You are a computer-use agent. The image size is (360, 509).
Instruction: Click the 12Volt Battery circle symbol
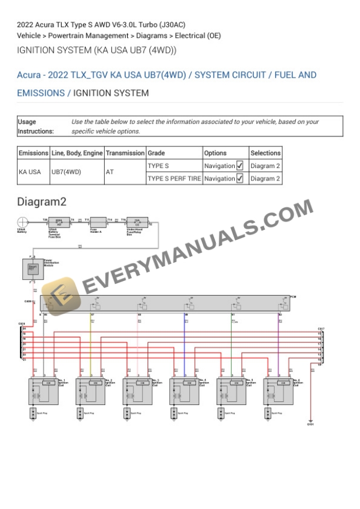tap(22, 222)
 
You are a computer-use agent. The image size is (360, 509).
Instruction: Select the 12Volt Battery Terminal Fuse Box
tap(58, 222)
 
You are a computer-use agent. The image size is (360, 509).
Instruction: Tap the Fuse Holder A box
tap(95, 222)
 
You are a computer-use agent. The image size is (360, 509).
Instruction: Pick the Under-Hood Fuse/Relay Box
tap(136, 222)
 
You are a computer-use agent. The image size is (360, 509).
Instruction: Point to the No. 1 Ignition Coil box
tap(44, 390)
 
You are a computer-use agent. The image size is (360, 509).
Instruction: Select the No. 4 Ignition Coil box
tap(185, 390)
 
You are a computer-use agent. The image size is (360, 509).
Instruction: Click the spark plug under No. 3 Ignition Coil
tap(126, 414)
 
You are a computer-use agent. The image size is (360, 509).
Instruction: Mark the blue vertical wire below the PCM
tap(185, 347)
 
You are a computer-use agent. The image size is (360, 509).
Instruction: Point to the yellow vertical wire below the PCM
tap(91, 347)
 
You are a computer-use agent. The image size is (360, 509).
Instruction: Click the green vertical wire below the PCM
tap(231, 347)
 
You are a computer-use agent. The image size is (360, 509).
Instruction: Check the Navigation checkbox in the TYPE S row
tap(239, 166)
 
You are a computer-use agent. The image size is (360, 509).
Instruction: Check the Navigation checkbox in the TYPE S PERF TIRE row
tap(239, 179)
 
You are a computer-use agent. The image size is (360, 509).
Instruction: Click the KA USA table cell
tap(30, 172)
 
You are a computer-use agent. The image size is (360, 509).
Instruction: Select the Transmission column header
tap(125, 153)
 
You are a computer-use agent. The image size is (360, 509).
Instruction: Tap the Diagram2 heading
tap(42, 202)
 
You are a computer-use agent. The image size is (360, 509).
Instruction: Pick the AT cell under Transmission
tap(110, 172)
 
